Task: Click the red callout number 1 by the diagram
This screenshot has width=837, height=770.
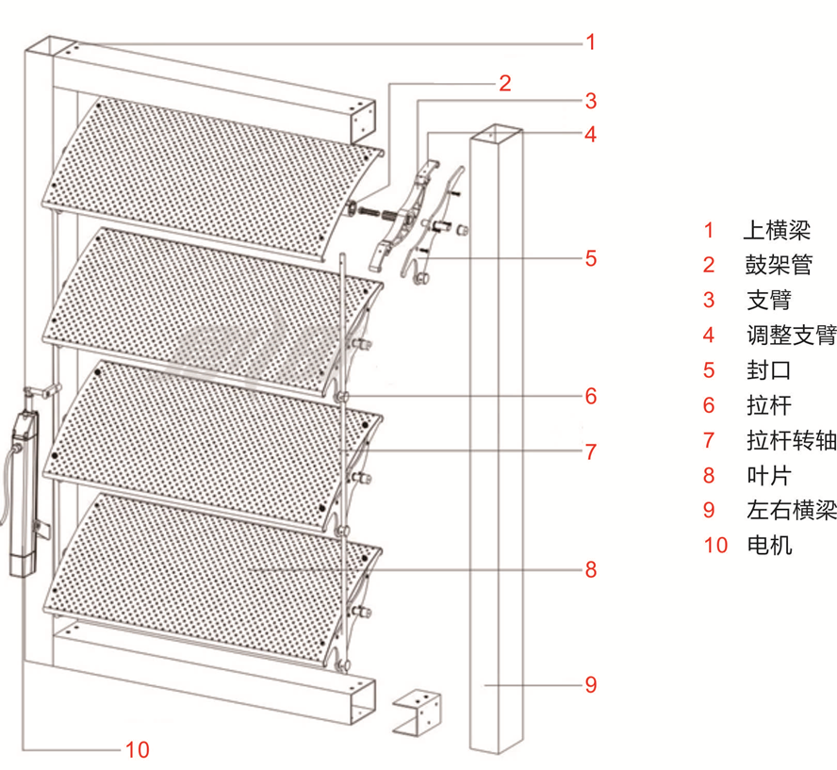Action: click(x=590, y=41)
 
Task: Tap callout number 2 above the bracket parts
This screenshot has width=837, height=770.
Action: click(x=505, y=83)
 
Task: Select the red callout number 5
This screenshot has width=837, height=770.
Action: click(x=590, y=257)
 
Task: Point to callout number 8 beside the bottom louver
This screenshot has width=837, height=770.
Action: click(x=590, y=569)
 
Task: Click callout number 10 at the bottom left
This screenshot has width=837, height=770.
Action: click(x=137, y=750)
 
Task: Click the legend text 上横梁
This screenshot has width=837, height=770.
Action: click(x=777, y=230)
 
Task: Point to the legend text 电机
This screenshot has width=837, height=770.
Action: click(x=768, y=545)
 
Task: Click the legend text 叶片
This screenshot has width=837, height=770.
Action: click(x=768, y=475)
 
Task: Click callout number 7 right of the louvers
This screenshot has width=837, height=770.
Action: click(x=590, y=451)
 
